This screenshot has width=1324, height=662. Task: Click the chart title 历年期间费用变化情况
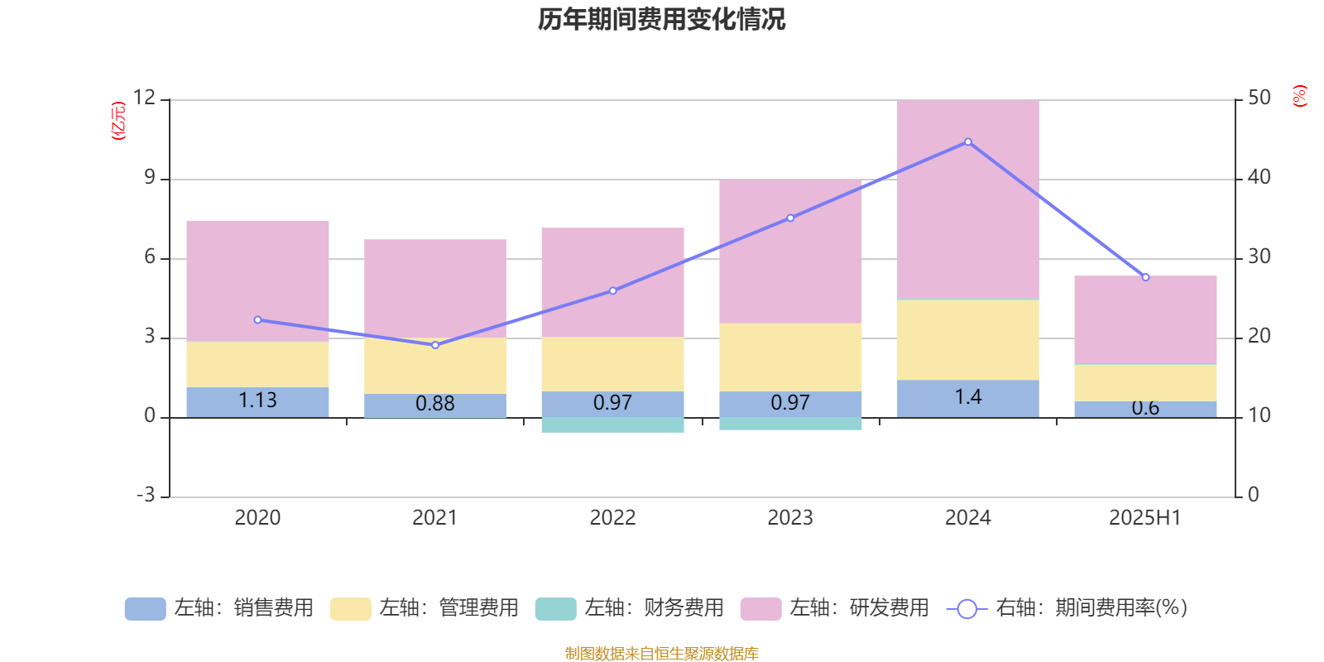point(661,19)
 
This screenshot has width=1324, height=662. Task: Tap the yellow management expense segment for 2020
point(257,364)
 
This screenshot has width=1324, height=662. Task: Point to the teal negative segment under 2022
point(612,425)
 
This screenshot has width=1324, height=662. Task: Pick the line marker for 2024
point(968,142)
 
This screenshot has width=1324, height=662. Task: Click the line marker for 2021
point(435,345)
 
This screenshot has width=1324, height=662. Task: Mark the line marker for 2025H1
point(1145,277)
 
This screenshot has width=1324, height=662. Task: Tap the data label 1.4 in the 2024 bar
point(967,397)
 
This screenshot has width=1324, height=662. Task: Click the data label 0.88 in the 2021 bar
point(435,404)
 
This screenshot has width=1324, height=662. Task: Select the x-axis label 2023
point(790,518)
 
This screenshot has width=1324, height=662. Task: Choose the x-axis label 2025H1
point(1145,518)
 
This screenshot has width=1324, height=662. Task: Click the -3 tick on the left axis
point(146,495)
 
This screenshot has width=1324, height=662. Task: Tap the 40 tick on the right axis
point(1259,177)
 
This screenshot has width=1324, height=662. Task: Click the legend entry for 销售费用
point(219,608)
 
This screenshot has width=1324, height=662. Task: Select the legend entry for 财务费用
point(630,608)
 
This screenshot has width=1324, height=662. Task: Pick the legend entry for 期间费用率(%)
point(1067,608)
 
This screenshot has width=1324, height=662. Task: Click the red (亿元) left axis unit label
point(118,121)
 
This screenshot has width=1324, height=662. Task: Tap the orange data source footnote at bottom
point(661,654)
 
